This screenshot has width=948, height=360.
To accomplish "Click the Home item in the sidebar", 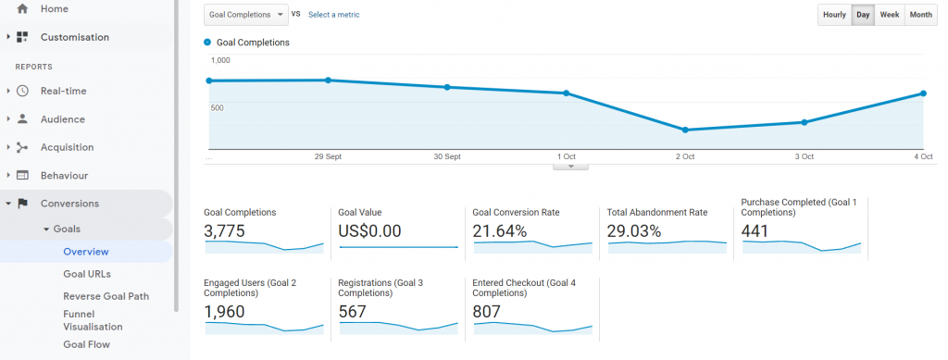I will [54, 9].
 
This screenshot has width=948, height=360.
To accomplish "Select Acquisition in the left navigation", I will [67, 147].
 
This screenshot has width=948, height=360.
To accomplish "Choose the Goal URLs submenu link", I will [87, 274].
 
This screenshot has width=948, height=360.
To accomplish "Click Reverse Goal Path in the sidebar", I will [106, 296].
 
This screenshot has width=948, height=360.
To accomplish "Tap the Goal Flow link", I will [86, 344].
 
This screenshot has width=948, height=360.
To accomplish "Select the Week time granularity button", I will [890, 15].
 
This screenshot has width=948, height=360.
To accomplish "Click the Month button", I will [920, 15].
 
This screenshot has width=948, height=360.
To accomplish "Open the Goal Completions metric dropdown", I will [245, 15].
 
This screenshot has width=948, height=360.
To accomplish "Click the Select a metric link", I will [333, 15].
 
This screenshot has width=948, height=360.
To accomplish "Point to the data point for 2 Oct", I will [685, 130].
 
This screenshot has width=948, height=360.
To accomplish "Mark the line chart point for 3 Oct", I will [805, 122].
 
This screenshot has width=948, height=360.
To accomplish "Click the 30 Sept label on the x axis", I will [447, 157].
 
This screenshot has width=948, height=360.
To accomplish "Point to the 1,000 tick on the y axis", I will [220, 60].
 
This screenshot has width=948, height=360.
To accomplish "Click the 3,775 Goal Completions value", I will [224, 231].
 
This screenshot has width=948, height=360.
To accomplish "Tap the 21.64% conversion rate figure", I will [500, 231].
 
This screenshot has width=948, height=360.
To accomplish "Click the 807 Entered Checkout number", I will [488, 312].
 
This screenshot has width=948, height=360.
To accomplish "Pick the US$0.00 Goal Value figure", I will [369, 231].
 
